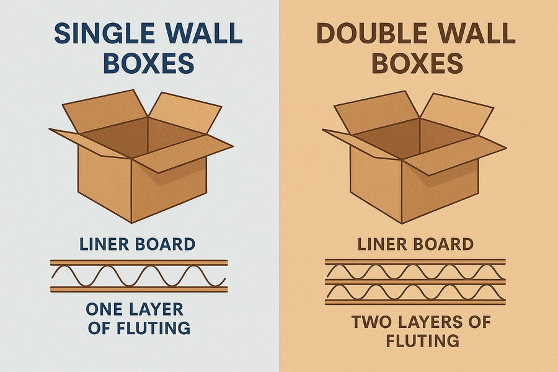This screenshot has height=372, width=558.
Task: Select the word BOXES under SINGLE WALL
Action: click(149, 64)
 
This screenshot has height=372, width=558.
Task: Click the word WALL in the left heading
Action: click(208, 34)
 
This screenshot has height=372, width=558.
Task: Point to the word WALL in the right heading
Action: click(481, 34)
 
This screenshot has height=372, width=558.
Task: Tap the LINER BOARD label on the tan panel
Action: click(415, 244)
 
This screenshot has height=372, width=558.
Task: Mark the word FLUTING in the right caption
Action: click(422, 340)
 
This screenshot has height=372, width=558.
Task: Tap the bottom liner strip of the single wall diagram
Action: click(139, 289)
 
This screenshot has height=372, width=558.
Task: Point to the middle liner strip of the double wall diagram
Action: click(415, 281)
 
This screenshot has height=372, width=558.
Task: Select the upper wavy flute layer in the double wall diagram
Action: click(415, 272)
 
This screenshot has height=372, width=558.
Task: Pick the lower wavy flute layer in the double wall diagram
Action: click(415, 291)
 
